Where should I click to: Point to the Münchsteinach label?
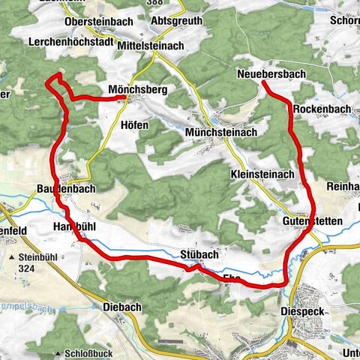click(x=220, y=132)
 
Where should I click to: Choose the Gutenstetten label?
click(x=313, y=223)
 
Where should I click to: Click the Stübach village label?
click(x=197, y=253)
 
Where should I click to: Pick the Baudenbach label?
click(x=65, y=189)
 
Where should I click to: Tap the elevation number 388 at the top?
click(x=176, y=3)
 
